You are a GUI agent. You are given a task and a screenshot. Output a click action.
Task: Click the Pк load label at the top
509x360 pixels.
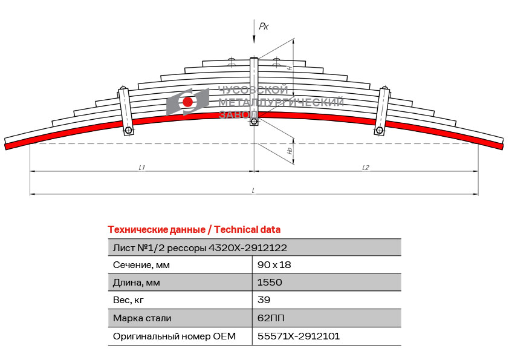pos(264,26)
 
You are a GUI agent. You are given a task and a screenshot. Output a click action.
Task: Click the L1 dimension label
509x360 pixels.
pos(141,168)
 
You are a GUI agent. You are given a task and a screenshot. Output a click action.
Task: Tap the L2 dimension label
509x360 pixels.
pos(366,168)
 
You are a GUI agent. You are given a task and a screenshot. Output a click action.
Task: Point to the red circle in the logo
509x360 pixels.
pos(187,102)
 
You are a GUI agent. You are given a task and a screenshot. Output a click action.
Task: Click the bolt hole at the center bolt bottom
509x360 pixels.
pos(254,122)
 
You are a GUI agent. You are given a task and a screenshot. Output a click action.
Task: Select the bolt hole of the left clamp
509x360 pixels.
pos(128,131)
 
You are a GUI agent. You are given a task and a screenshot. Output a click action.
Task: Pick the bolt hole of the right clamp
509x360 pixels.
pos(379,131)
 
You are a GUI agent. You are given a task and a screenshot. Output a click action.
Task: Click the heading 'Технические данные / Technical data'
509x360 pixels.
pos(194,230)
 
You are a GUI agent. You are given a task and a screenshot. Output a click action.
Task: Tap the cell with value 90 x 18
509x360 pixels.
pos(274,265)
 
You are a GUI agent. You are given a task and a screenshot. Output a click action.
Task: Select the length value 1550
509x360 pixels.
pos(270,283)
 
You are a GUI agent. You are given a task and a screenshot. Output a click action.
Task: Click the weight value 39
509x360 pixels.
pos(264,300)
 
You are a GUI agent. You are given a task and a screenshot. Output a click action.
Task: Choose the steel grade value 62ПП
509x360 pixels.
pos(271,318)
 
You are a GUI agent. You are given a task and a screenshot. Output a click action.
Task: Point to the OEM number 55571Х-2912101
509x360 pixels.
pos(298,336)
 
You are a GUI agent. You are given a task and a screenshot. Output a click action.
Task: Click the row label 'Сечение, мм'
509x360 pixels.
pos(141,265)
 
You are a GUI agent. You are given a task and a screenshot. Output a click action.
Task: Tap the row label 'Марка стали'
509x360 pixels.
pos(142,318)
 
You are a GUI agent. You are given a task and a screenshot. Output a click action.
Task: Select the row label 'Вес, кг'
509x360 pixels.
pos(128,300)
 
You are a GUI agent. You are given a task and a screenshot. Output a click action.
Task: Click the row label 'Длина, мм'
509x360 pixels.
pos(137,283)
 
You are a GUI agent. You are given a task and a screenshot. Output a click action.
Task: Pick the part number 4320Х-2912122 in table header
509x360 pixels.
pos(247,248)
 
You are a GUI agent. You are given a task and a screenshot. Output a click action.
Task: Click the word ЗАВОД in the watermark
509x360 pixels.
pos(238,114)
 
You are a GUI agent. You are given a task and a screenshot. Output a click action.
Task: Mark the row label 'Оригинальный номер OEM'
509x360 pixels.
pos(174,336)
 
